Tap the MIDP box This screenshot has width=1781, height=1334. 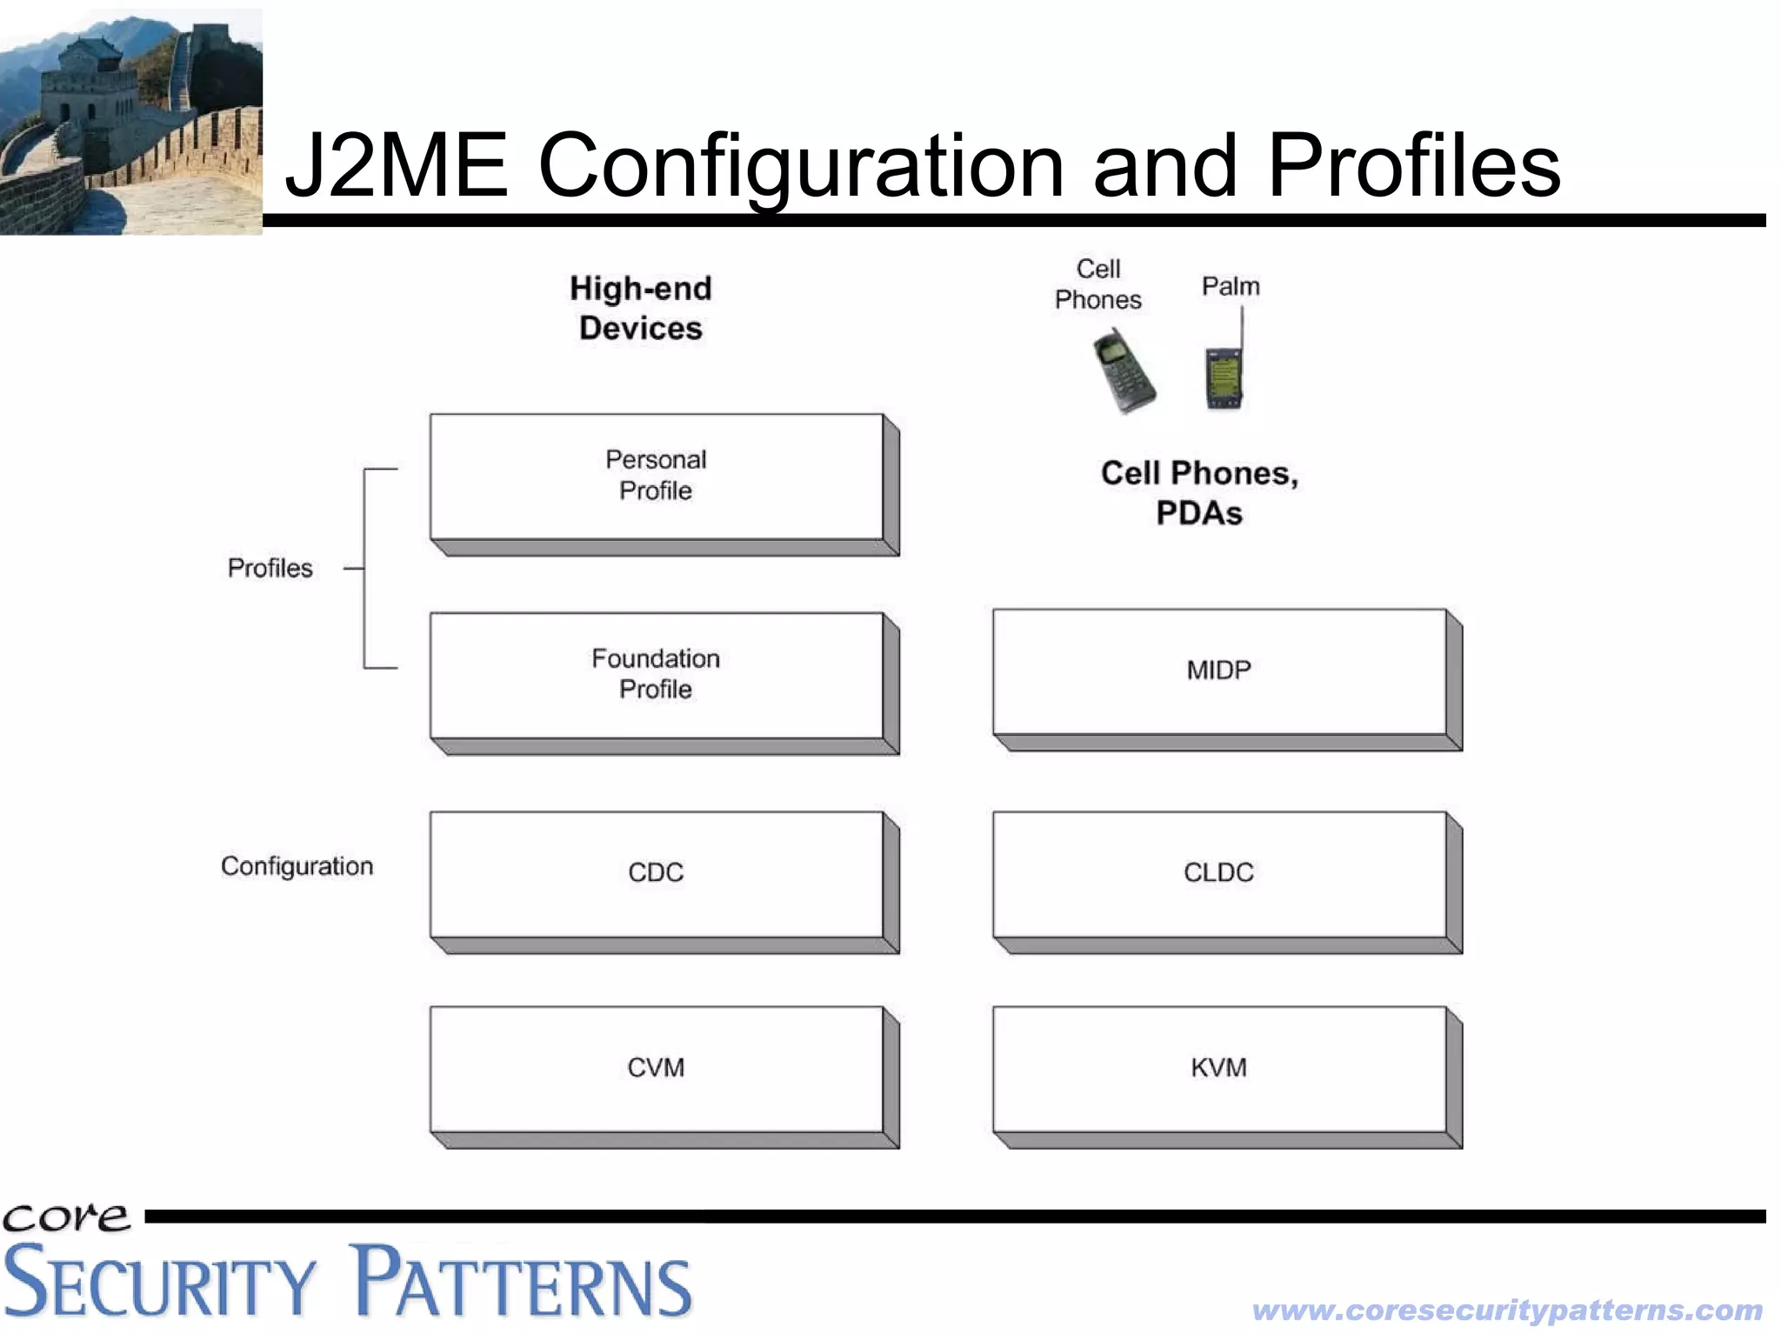pos(1219,671)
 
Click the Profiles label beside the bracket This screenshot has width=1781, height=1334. pos(270,569)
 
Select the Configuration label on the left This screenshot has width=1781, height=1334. pos(297,866)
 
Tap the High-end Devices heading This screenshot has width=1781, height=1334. pos(641,309)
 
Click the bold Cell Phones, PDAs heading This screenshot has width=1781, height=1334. pos(1199,493)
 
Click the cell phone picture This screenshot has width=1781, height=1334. pos(1124,370)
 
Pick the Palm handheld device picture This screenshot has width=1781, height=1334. pos(1224,374)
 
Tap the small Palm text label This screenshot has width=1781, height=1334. pos(1231,286)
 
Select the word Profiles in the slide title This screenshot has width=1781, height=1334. pos(1414,165)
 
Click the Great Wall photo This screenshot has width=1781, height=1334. pos(130,122)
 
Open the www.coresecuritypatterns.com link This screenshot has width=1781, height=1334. pos(1507,1311)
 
